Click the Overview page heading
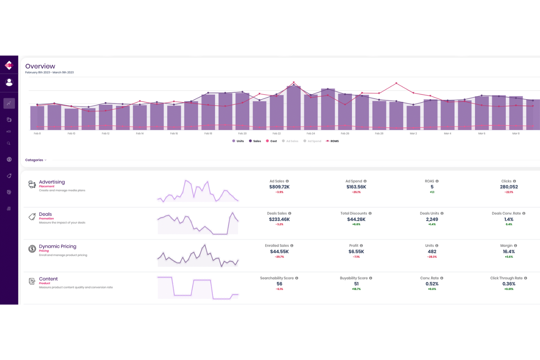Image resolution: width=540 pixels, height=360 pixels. (40, 66)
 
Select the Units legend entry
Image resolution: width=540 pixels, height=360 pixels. (238, 141)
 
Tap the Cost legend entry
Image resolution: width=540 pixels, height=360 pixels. (271, 141)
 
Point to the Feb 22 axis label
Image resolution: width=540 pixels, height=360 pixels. (277, 133)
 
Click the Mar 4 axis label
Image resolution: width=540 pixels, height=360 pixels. (447, 133)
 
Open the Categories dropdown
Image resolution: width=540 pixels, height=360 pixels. (36, 160)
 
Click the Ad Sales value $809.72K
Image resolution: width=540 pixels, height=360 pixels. (279, 187)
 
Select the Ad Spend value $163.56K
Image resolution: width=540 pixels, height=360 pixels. (356, 187)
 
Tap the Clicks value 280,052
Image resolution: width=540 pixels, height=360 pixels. (509, 187)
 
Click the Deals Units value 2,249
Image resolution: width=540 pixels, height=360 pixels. (432, 219)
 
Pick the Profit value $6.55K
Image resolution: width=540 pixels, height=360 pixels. (356, 252)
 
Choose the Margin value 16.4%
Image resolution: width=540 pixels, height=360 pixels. (509, 252)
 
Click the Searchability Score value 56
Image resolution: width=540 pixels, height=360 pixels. (279, 284)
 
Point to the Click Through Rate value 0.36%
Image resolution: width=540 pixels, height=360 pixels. (509, 284)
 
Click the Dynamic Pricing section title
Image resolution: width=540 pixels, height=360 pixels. (58, 247)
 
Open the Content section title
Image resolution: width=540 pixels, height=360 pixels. (48, 279)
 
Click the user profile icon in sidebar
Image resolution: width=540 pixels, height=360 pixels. (9, 82)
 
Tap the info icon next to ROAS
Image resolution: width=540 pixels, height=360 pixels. (437, 181)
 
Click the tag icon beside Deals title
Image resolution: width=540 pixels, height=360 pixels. (32, 217)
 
